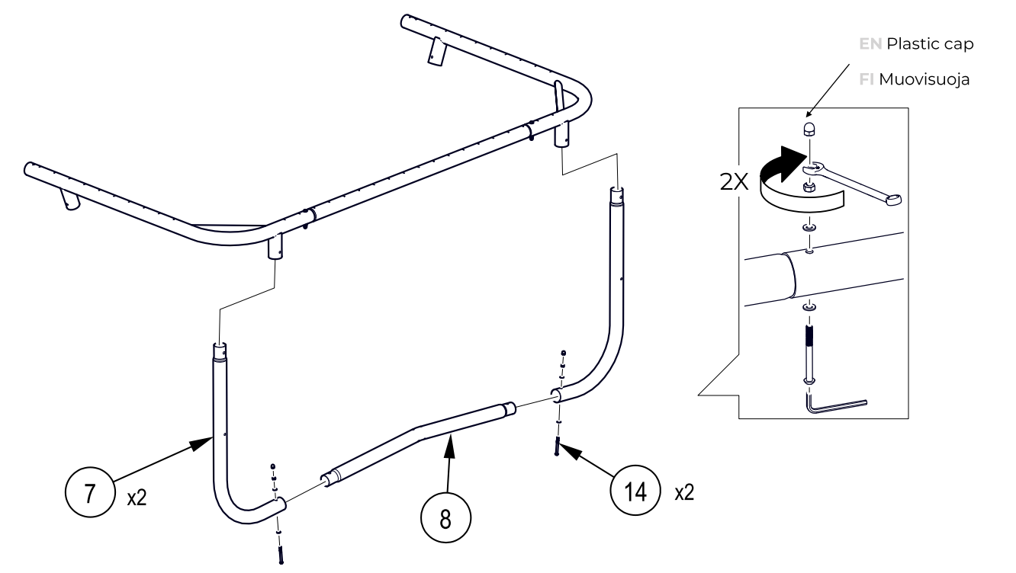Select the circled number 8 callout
[445, 519]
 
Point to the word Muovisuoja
[924, 78]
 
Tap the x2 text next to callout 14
[684, 492]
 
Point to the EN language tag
[870, 44]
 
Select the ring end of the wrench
[892, 200]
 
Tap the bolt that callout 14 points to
[558, 447]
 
